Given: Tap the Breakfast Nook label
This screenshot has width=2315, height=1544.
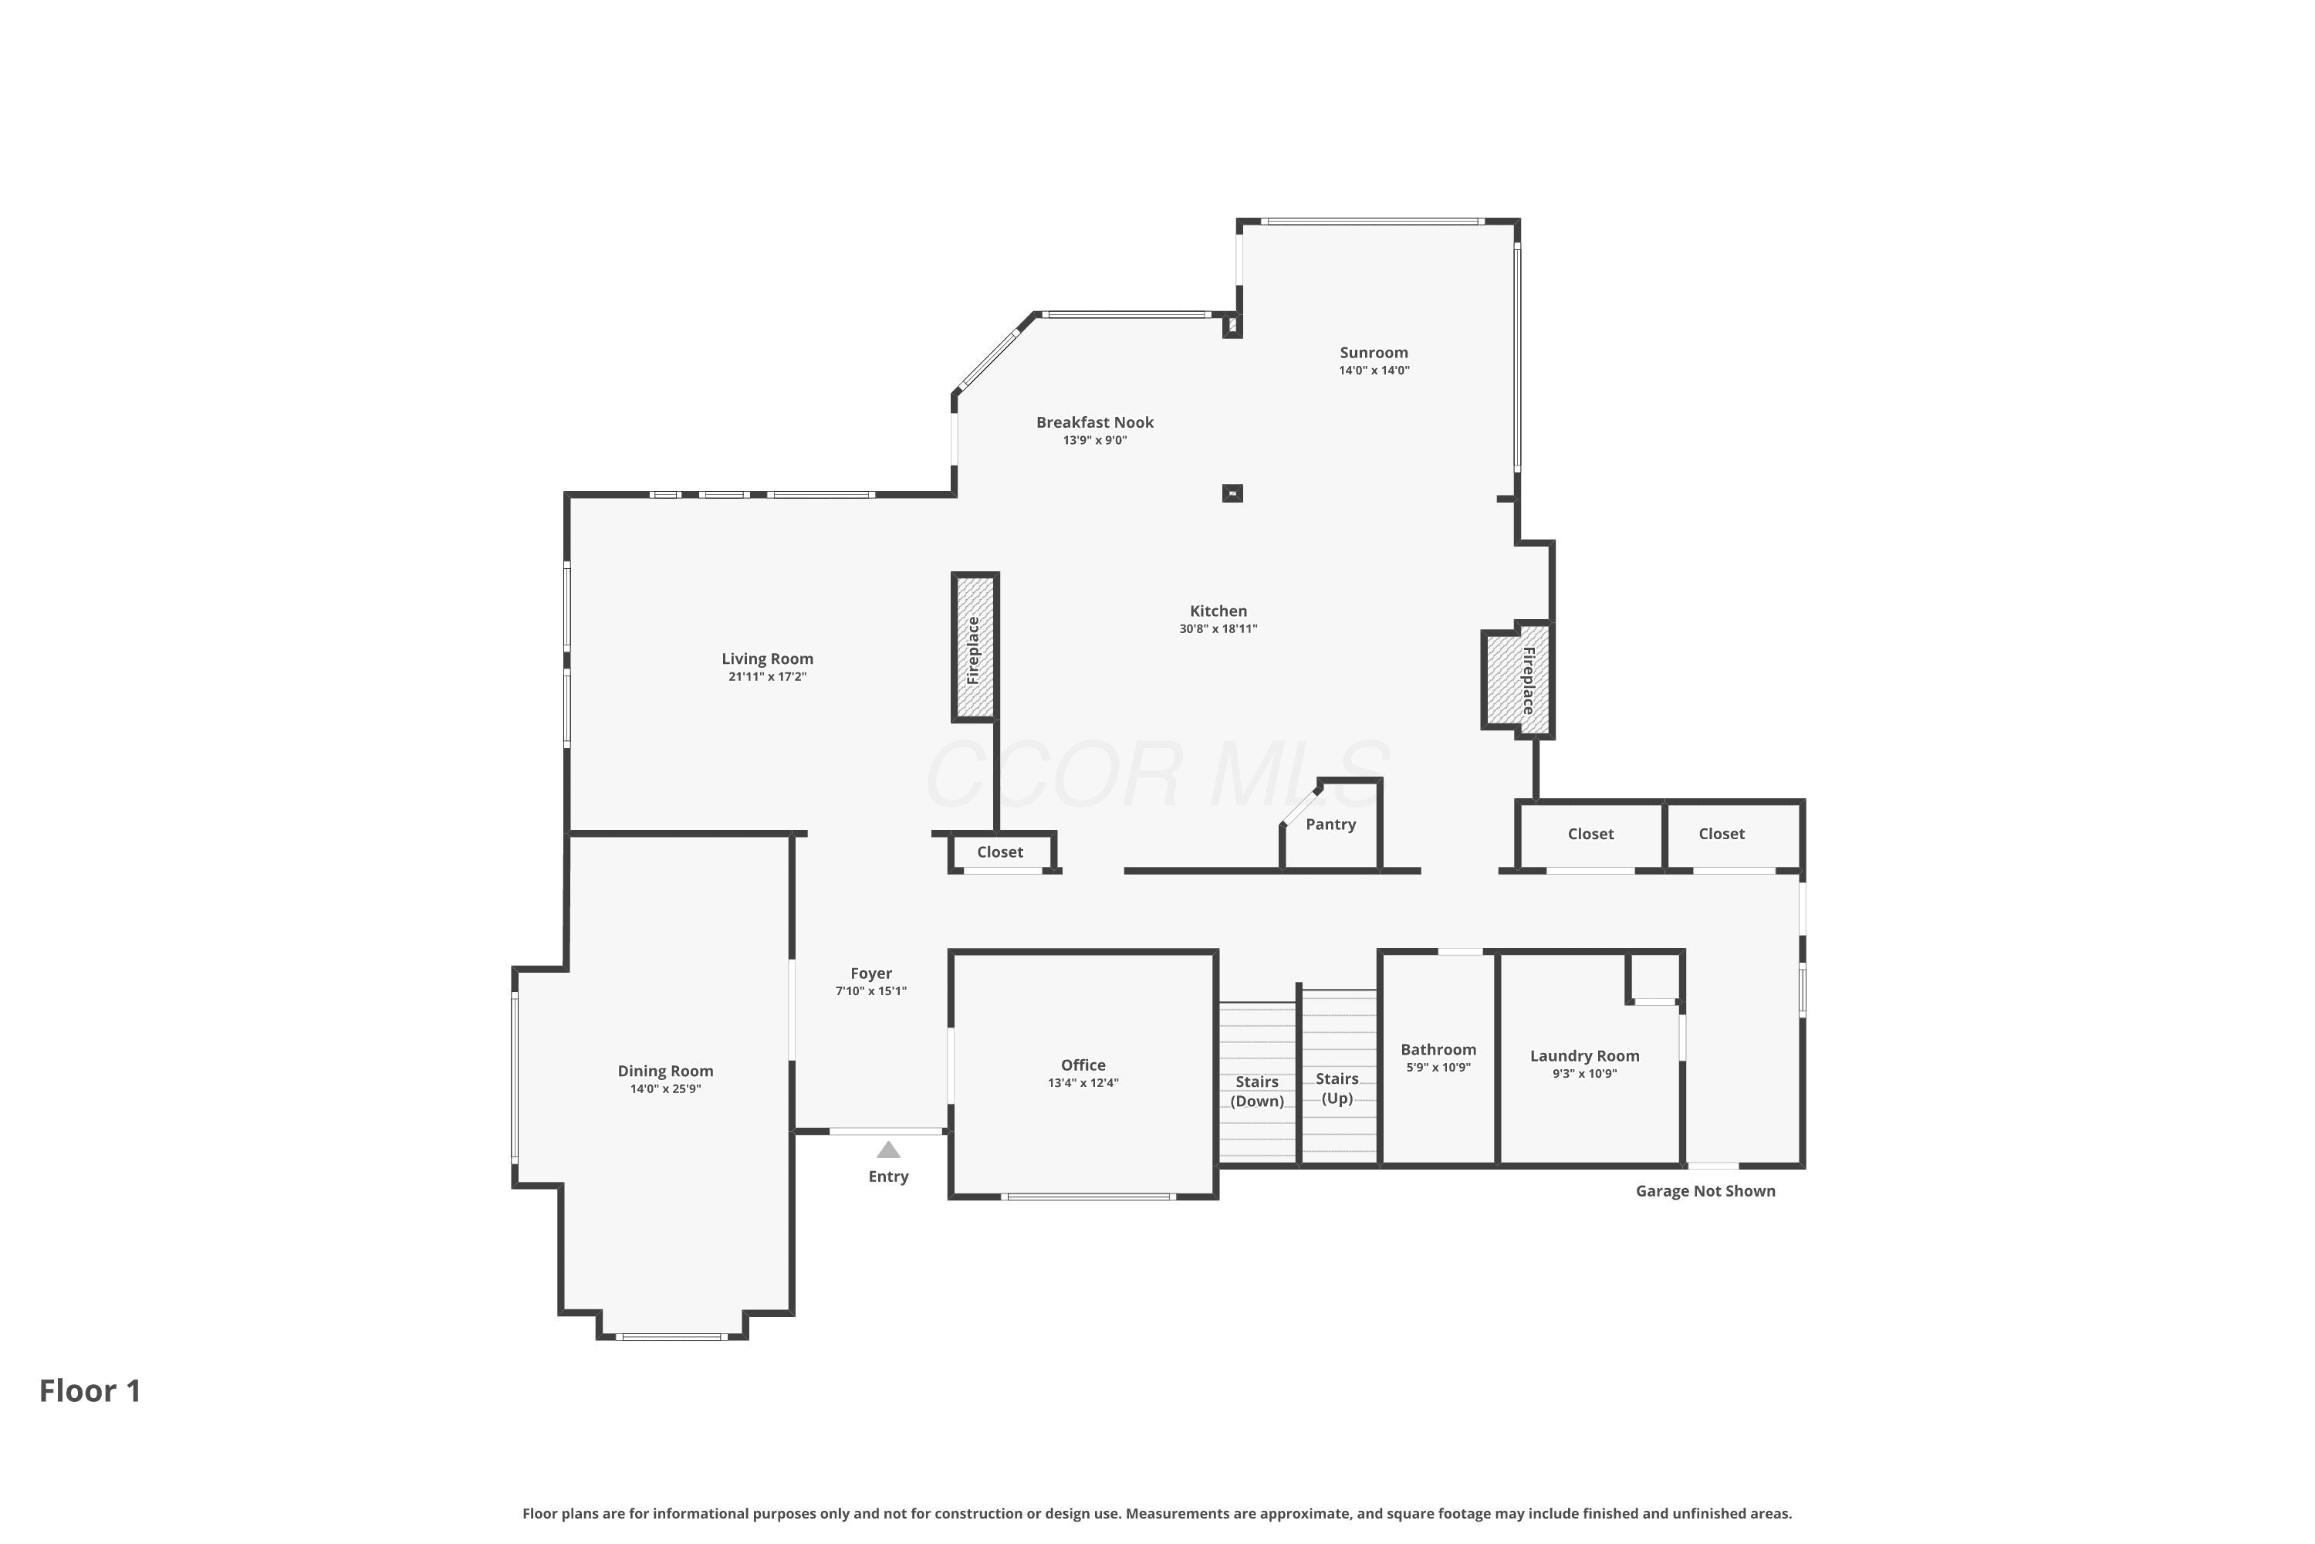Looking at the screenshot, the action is (1094, 422).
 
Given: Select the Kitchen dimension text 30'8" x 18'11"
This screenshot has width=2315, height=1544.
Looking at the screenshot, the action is (1218, 628).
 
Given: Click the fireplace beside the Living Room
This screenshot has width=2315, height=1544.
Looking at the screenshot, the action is (975, 647).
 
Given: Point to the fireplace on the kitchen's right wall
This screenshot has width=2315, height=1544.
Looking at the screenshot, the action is (1517, 679).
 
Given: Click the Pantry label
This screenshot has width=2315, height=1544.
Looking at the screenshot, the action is (1330, 825).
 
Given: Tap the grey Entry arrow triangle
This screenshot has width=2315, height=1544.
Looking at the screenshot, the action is (888, 1150).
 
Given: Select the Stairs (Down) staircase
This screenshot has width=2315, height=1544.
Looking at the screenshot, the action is (1258, 1082).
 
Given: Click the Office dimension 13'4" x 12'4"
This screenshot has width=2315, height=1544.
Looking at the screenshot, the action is (1083, 1083).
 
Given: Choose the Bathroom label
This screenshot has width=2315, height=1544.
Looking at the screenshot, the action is (1438, 1050).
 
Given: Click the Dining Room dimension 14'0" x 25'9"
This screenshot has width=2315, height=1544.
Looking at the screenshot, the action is (665, 1089).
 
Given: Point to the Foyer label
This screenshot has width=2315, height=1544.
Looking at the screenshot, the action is (871, 973).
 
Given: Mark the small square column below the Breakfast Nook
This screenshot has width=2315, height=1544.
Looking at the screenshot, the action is (1232, 493).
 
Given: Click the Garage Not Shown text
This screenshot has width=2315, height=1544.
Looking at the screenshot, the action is (1705, 1191).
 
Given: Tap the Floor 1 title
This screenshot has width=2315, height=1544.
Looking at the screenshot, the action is (90, 1390).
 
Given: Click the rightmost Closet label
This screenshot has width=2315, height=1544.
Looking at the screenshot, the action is (1722, 834).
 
